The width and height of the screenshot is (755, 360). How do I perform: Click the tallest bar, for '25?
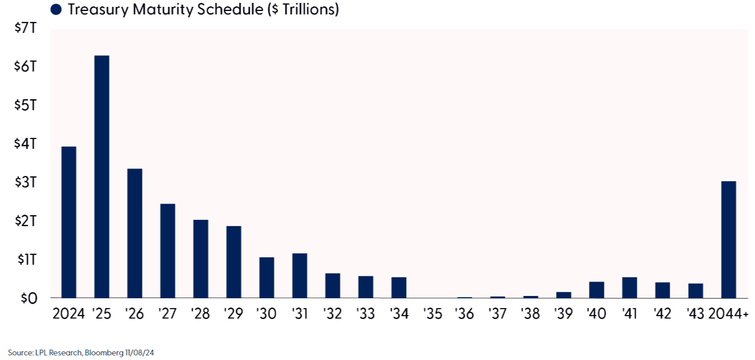tap(102, 177)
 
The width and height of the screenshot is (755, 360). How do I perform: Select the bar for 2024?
tap(69, 222)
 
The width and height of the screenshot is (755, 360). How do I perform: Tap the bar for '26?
tap(134, 233)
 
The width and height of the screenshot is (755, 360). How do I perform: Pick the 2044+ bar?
tap(728, 239)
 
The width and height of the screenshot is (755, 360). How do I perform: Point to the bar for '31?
tap(300, 276)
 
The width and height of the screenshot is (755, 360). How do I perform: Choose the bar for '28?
tap(201, 259)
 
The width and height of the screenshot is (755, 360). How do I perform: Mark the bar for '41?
tap(630, 287)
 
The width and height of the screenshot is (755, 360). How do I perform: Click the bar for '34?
tap(399, 287)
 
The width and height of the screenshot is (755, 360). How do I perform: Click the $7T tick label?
tap(25, 28)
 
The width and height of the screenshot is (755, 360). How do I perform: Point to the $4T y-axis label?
tap(25, 144)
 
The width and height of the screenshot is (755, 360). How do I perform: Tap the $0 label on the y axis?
tap(29, 298)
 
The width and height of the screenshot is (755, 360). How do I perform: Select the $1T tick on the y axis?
tap(27, 260)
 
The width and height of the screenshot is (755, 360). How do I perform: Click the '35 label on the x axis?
tap(433, 314)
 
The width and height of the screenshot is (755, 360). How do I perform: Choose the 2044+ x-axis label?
tap(728, 314)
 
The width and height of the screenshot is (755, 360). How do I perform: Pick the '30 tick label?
tap(266, 314)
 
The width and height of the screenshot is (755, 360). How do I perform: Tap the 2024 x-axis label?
tap(69, 314)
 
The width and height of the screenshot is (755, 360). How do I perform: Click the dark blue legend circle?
tap(56, 9)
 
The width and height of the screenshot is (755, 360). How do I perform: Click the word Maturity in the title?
tap(163, 9)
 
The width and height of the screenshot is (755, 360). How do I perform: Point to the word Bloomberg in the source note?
tap(104, 353)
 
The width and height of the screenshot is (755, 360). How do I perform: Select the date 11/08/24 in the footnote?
tap(140, 352)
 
